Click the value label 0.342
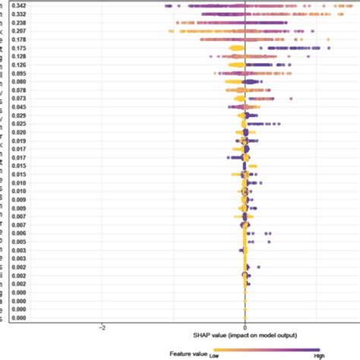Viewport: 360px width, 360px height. [22, 5]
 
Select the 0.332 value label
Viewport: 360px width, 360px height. [22, 14]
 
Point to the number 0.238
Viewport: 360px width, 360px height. [22, 23]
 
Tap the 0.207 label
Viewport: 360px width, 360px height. [22, 31]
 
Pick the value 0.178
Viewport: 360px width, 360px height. [22, 39]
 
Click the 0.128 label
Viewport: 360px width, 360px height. [22, 57]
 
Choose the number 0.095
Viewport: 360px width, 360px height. [22, 74]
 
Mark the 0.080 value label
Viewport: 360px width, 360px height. [22, 82]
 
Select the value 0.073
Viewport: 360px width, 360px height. [22, 99]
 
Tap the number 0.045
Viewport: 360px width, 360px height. [22, 107]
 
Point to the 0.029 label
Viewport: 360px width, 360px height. [22, 115]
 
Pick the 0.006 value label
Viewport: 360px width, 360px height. [22, 232]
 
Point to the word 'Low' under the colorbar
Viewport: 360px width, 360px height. [216, 355]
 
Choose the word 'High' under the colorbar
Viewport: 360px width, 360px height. [319, 355]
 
